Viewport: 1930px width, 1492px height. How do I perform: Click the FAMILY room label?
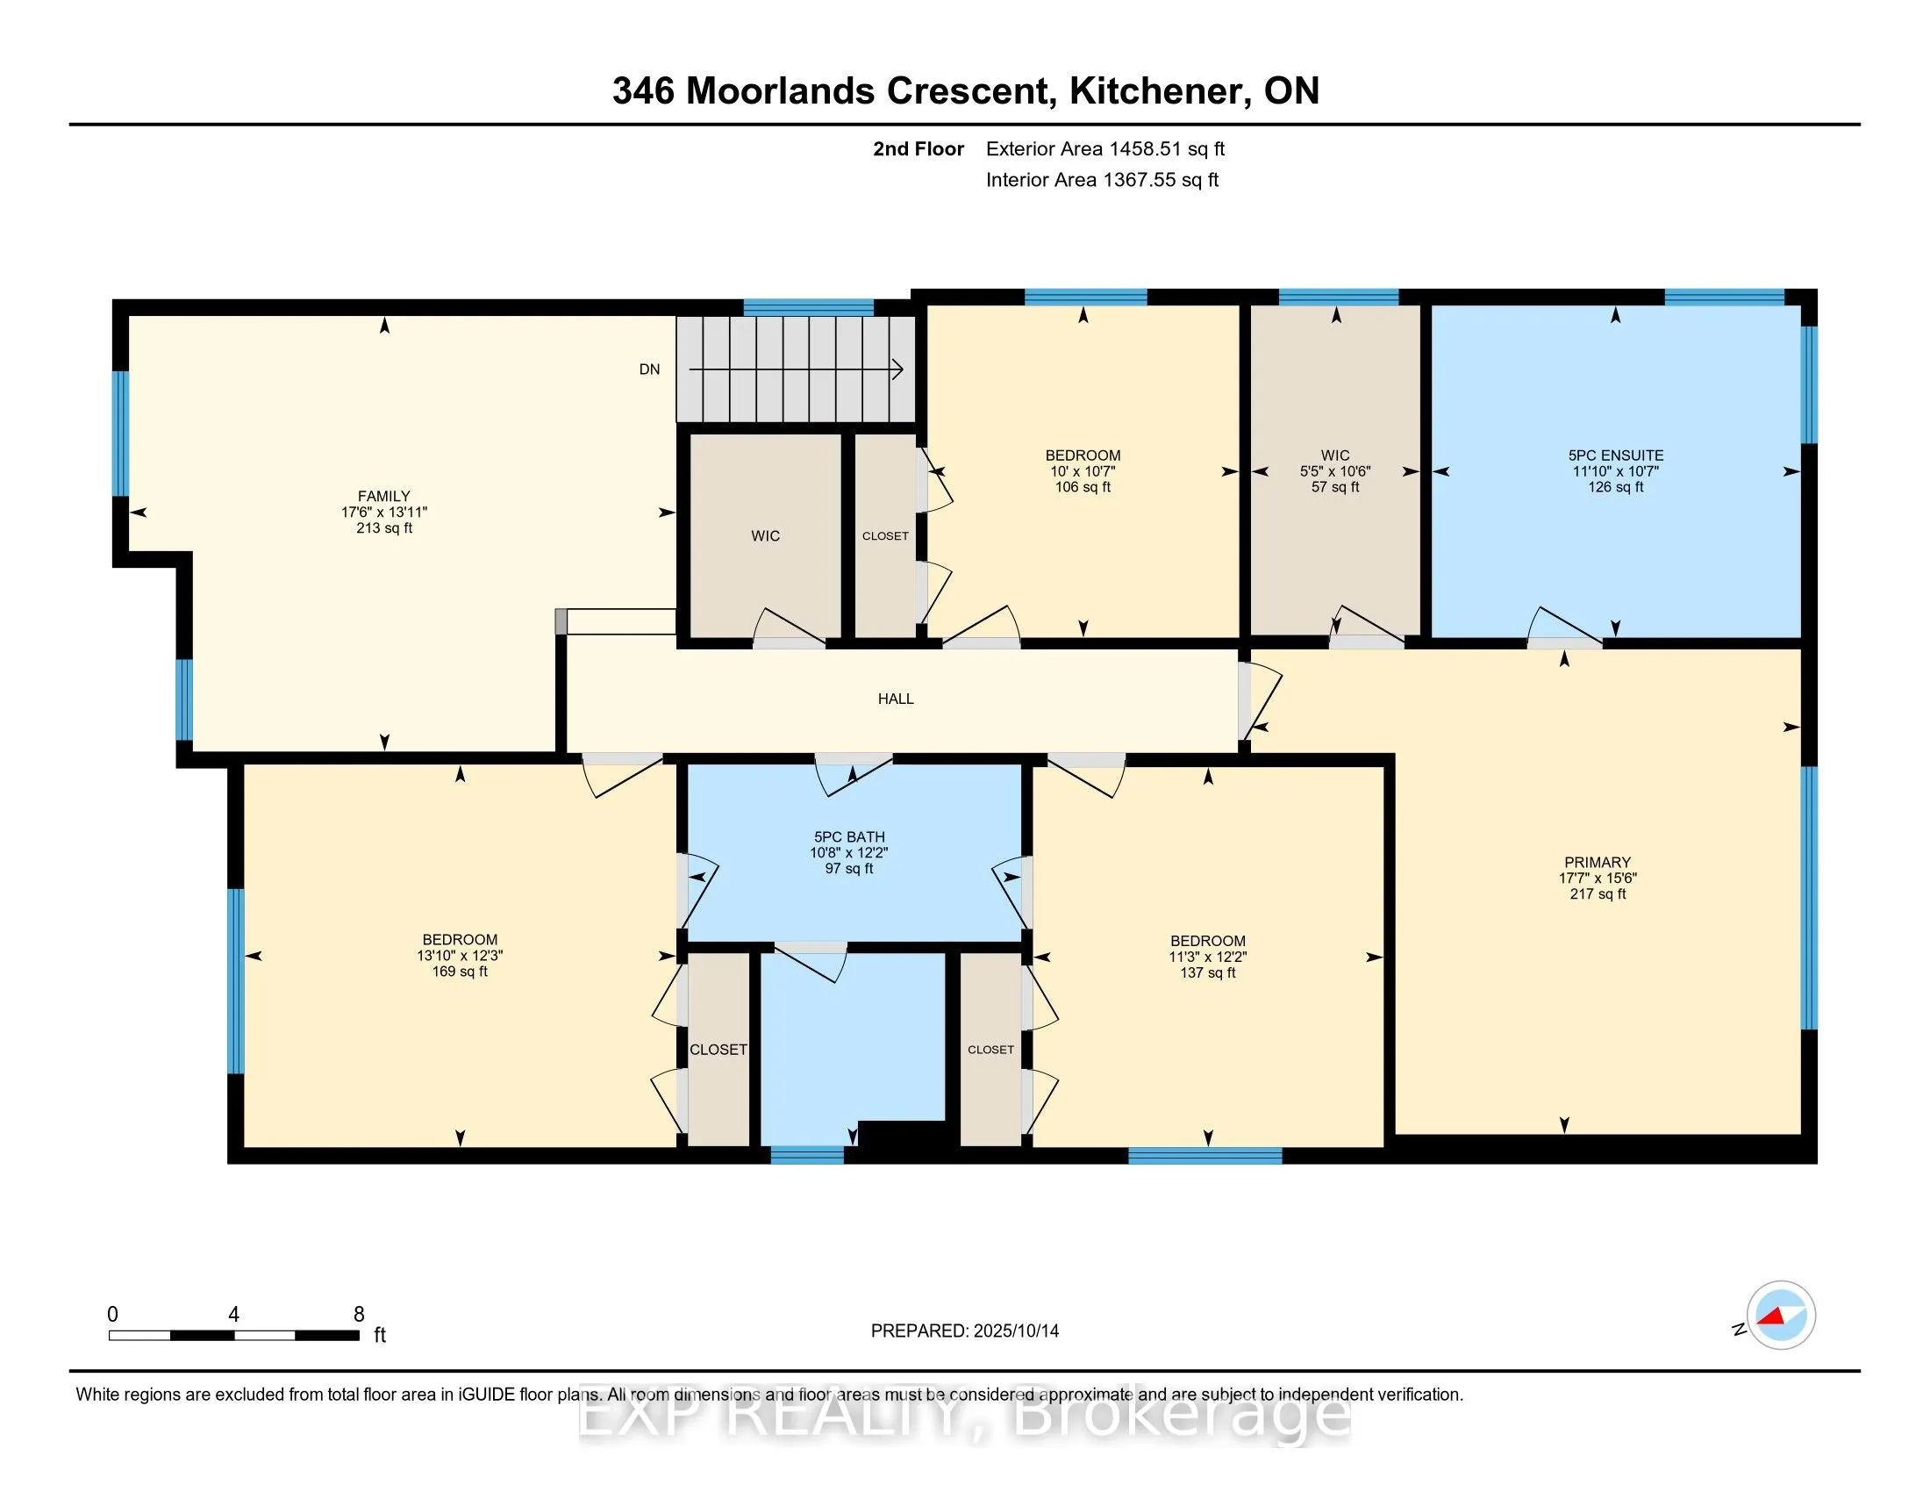pyautogui.click(x=383, y=496)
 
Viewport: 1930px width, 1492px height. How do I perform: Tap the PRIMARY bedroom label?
pyautogui.click(x=1597, y=862)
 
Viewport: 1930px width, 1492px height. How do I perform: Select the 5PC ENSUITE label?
pyautogui.click(x=1615, y=455)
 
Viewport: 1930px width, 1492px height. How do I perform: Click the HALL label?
pyautogui.click(x=895, y=699)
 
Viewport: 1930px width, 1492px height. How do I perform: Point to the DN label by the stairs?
pyautogui.click(x=649, y=369)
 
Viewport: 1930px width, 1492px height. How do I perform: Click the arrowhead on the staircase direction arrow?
pyautogui.click(x=897, y=369)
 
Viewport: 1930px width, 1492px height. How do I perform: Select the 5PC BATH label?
pyautogui.click(x=848, y=837)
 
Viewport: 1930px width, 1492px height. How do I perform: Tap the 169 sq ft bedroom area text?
pyautogui.click(x=460, y=972)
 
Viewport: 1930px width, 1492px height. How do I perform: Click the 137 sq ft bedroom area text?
pyautogui.click(x=1207, y=972)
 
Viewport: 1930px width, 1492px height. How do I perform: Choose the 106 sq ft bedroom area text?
pyautogui.click(x=1083, y=487)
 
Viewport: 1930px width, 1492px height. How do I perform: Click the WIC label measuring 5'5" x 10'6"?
pyautogui.click(x=1335, y=455)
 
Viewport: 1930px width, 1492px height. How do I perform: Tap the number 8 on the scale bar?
pyautogui.click(x=359, y=1315)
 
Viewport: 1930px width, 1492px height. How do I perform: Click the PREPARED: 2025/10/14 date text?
pyautogui.click(x=964, y=1331)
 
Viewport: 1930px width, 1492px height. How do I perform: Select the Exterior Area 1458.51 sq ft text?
pyautogui.click(x=1104, y=149)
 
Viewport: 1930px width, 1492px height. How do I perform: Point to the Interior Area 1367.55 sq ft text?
pyautogui.click(x=1102, y=180)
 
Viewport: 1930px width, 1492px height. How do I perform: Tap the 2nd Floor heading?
pyautogui.click(x=919, y=149)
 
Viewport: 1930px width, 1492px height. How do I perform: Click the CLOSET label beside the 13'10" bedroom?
pyautogui.click(x=718, y=1049)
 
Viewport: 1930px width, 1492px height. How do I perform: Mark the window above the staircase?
pyautogui.click(x=808, y=307)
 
